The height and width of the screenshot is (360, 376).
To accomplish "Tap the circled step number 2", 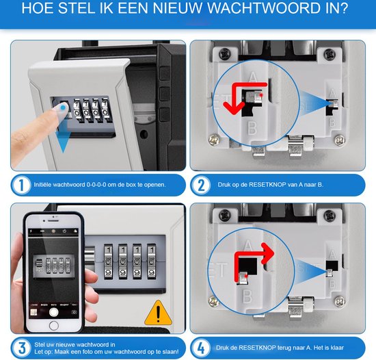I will (202, 185).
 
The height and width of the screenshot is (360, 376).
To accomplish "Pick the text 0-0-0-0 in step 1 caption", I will (96, 185).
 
